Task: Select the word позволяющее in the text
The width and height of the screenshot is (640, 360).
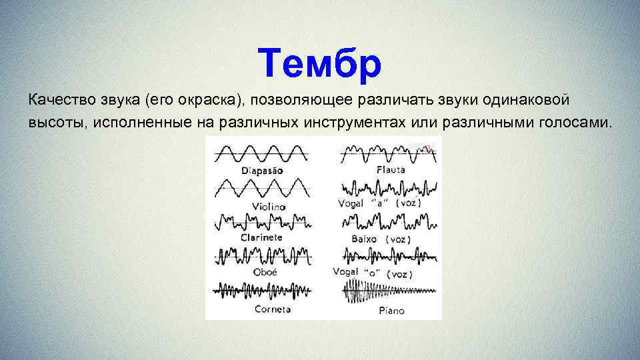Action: [291, 100]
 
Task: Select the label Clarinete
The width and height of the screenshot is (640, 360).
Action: [261, 237]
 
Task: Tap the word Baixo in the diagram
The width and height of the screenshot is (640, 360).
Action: [363, 238]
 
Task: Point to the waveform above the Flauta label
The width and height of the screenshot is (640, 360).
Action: [387, 153]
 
